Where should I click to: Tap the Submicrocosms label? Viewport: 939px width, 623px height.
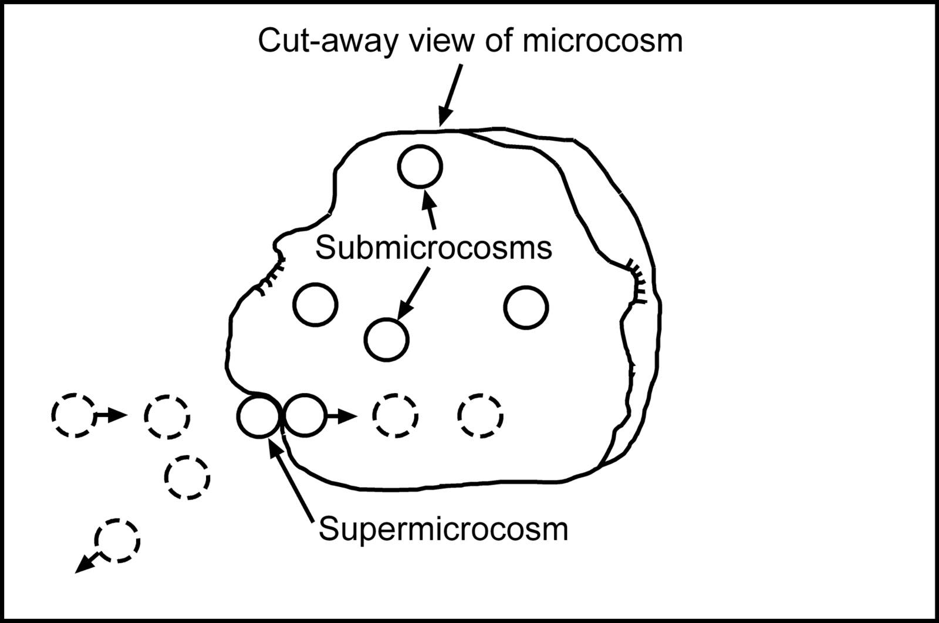coord(433,248)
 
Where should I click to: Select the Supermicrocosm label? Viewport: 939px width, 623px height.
coord(443,529)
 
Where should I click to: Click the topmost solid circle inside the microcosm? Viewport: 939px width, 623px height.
coord(420,167)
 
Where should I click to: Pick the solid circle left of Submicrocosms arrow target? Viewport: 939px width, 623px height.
coord(316,304)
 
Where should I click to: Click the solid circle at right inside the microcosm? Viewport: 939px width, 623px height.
coord(526,307)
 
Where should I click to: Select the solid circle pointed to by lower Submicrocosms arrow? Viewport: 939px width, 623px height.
coord(386,339)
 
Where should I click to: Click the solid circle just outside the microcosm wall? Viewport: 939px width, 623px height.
coord(258,416)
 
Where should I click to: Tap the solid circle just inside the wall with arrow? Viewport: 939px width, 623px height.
coord(304,416)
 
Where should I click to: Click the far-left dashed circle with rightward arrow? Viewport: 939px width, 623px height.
coord(73,416)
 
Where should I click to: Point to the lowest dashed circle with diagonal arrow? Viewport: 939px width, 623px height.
coord(117,540)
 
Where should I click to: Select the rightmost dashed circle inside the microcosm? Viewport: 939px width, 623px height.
coord(480,416)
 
